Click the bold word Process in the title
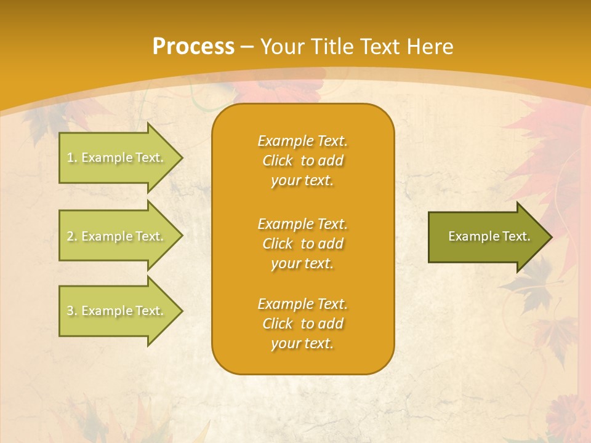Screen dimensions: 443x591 pyautogui.click(x=193, y=46)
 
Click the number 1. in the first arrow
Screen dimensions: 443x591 pyautogui.click(x=72, y=158)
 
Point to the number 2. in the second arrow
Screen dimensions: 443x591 pyautogui.click(x=72, y=236)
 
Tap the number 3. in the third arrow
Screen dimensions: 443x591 pyautogui.click(x=72, y=311)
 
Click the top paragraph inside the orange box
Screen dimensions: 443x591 pyautogui.click(x=302, y=161)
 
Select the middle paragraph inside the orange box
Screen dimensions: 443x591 pyautogui.click(x=302, y=244)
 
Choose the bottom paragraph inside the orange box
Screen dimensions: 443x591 pyautogui.click(x=302, y=324)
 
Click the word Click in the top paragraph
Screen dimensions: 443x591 pyautogui.click(x=278, y=161)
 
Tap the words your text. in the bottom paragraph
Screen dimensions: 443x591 pyautogui.click(x=302, y=343)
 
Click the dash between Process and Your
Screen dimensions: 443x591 pyautogui.click(x=247, y=47)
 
